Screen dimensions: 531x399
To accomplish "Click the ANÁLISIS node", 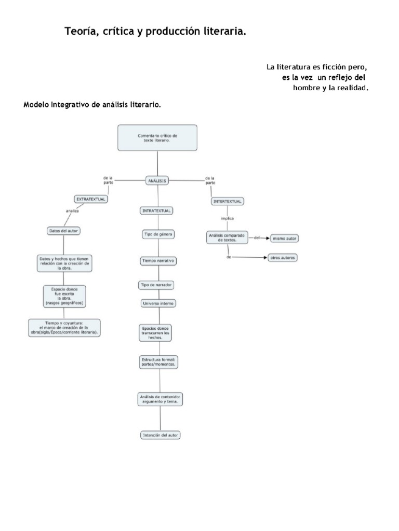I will coord(157,180).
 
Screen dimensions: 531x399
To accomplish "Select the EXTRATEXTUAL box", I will coord(91,199).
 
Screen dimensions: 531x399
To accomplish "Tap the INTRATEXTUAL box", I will coord(157,211).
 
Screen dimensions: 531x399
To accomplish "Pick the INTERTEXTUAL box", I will coord(228,201).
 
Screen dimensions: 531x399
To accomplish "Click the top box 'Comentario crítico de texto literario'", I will coord(157,137).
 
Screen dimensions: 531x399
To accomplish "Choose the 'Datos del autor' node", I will coord(63,231).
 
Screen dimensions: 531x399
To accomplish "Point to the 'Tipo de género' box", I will coord(158,234).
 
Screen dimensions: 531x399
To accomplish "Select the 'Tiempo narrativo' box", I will coord(158,261).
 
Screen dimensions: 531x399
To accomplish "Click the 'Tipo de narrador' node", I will coord(156,285).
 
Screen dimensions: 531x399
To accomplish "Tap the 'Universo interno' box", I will coord(158,303).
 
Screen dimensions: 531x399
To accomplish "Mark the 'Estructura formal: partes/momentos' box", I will coord(159,362).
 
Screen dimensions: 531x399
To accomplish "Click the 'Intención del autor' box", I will coord(161,435).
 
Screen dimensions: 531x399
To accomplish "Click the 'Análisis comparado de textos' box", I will coord(227,238).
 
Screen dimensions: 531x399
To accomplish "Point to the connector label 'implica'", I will coord(227,218).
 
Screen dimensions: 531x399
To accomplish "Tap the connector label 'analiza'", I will coord(72,211).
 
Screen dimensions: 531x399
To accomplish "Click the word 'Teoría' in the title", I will coord(78,32).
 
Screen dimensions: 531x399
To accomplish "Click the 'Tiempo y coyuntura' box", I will coord(64,328).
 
